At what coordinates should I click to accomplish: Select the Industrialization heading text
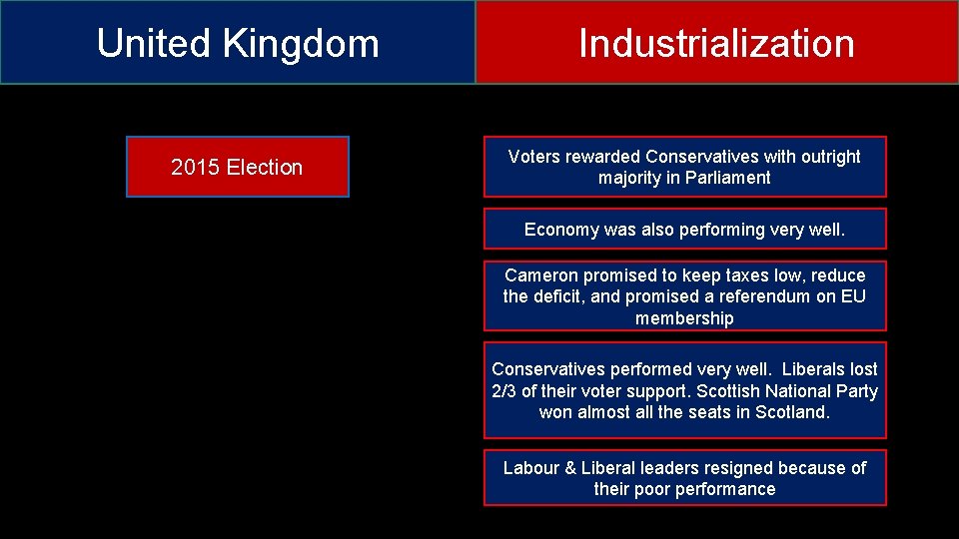pos(716,44)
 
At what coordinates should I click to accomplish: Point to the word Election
pos(265,168)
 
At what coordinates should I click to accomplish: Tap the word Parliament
pos(727,179)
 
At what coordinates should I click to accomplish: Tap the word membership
pos(684,318)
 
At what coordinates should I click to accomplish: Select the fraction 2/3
pos(503,391)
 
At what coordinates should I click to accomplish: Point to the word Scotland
pos(792,412)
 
